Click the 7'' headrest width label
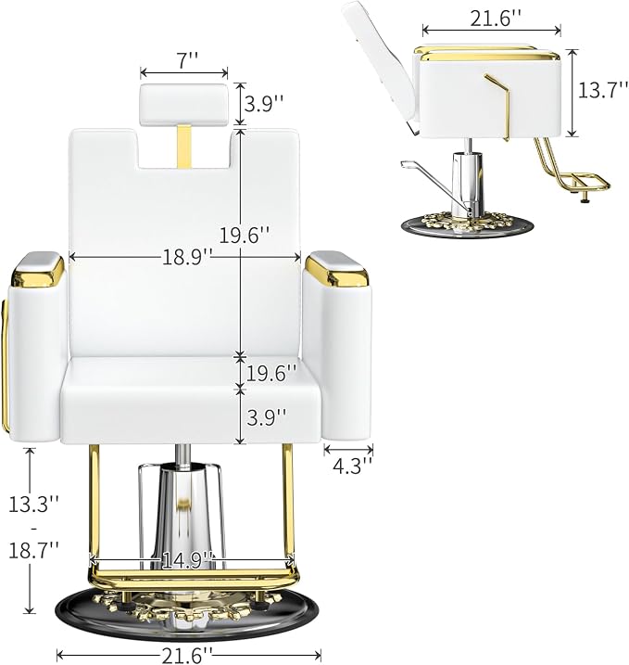click(184, 61)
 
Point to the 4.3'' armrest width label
click(348, 467)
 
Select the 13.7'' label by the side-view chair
click(603, 90)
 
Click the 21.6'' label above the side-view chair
click(496, 19)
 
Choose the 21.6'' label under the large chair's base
click(186, 655)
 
